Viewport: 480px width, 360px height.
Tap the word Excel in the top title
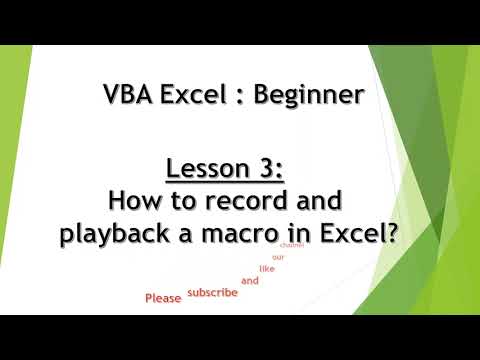pyautogui.click(x=194, y=96)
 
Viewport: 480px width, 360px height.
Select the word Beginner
pyautogui.click(x=309, y=96)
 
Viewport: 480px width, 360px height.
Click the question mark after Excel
pyautogui.click(x=392, y=236)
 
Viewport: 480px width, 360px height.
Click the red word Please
pyautogui.click(x=162, y=298)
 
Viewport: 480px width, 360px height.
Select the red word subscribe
pyautogui.click(x=213, y=292)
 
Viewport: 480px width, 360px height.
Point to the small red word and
pyautogui.click(x=250, y=281)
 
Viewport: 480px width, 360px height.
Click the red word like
pyautogui.click(x=267, y=268)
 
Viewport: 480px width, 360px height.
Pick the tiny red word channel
pyautogui.click(x=292, y=244)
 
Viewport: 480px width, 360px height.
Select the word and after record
pyautogui.click(x=320, y=203)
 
